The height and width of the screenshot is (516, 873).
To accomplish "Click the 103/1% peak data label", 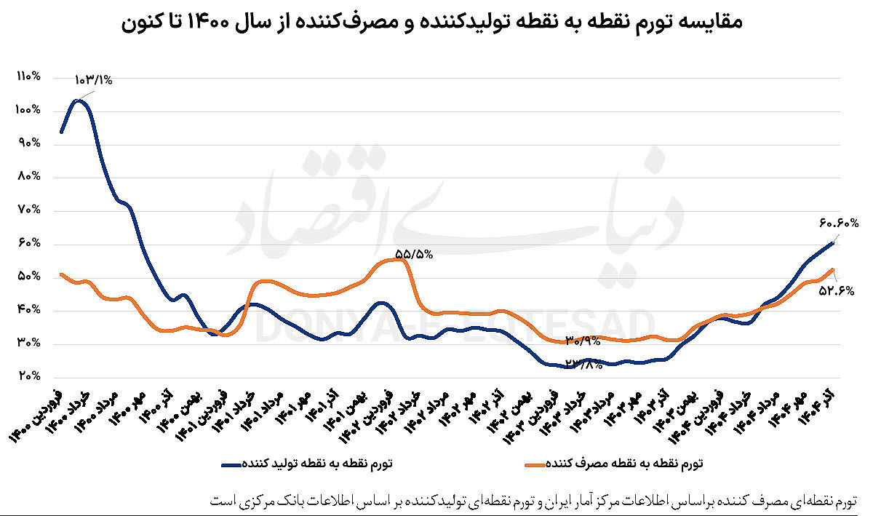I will point(93,81).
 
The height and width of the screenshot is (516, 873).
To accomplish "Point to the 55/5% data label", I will point(414,254).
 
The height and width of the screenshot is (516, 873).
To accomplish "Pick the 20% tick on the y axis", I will point(27,376).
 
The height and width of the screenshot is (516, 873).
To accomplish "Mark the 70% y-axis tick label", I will point(27,210).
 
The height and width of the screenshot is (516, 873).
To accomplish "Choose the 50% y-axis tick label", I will point(27,277).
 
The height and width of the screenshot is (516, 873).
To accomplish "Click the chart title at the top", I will point(432,23).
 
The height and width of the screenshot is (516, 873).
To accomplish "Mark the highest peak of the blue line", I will point(79,100).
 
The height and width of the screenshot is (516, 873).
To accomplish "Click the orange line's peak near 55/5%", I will point(396,260).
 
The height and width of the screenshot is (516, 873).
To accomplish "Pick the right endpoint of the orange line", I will point(833,269).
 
